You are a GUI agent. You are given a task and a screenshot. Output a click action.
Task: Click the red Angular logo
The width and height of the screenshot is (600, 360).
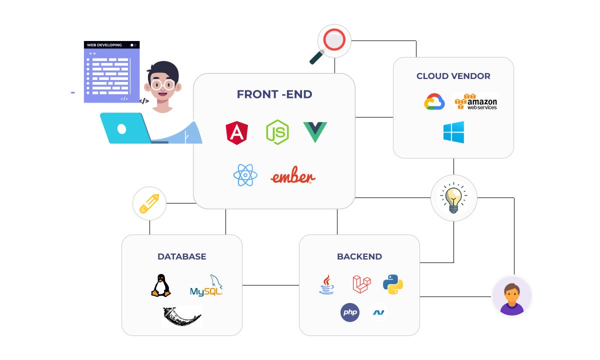click(237, 133)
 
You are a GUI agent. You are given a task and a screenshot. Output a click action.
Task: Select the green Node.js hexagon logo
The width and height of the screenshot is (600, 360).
click(277, 132)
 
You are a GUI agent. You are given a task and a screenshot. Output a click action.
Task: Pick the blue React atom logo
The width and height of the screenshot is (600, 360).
click(245, 175)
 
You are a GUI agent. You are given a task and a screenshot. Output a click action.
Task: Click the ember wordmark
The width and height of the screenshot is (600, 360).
click(293, 176)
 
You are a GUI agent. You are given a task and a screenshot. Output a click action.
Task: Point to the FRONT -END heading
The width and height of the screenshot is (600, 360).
click(274, 94)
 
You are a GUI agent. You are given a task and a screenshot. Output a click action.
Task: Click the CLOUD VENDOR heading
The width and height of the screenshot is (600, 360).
click(453, 76)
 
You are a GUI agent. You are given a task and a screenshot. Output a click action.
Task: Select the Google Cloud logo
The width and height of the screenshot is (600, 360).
click(434, 102)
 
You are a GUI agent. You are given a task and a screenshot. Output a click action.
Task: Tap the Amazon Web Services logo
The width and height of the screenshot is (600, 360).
click(476, 101)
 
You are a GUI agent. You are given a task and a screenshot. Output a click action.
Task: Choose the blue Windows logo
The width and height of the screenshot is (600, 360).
click(453, 132)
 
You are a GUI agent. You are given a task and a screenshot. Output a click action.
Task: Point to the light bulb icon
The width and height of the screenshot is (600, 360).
click(453, 197)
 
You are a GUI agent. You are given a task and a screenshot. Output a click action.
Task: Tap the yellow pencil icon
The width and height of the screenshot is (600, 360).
click(149, 204)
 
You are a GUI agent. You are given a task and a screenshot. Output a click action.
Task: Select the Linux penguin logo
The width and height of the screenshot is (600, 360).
click(160, 285)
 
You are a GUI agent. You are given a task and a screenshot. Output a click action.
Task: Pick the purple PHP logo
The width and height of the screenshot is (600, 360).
click(350, 312)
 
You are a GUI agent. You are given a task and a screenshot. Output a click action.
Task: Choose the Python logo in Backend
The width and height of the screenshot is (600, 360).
click(393, 283)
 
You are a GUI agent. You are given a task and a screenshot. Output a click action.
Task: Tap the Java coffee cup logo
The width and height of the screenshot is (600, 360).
click(326, 284)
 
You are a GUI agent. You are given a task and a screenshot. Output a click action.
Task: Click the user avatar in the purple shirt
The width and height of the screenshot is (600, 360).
click(511, 296)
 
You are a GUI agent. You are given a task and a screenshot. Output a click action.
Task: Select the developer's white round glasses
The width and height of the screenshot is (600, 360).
click(163, 84)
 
